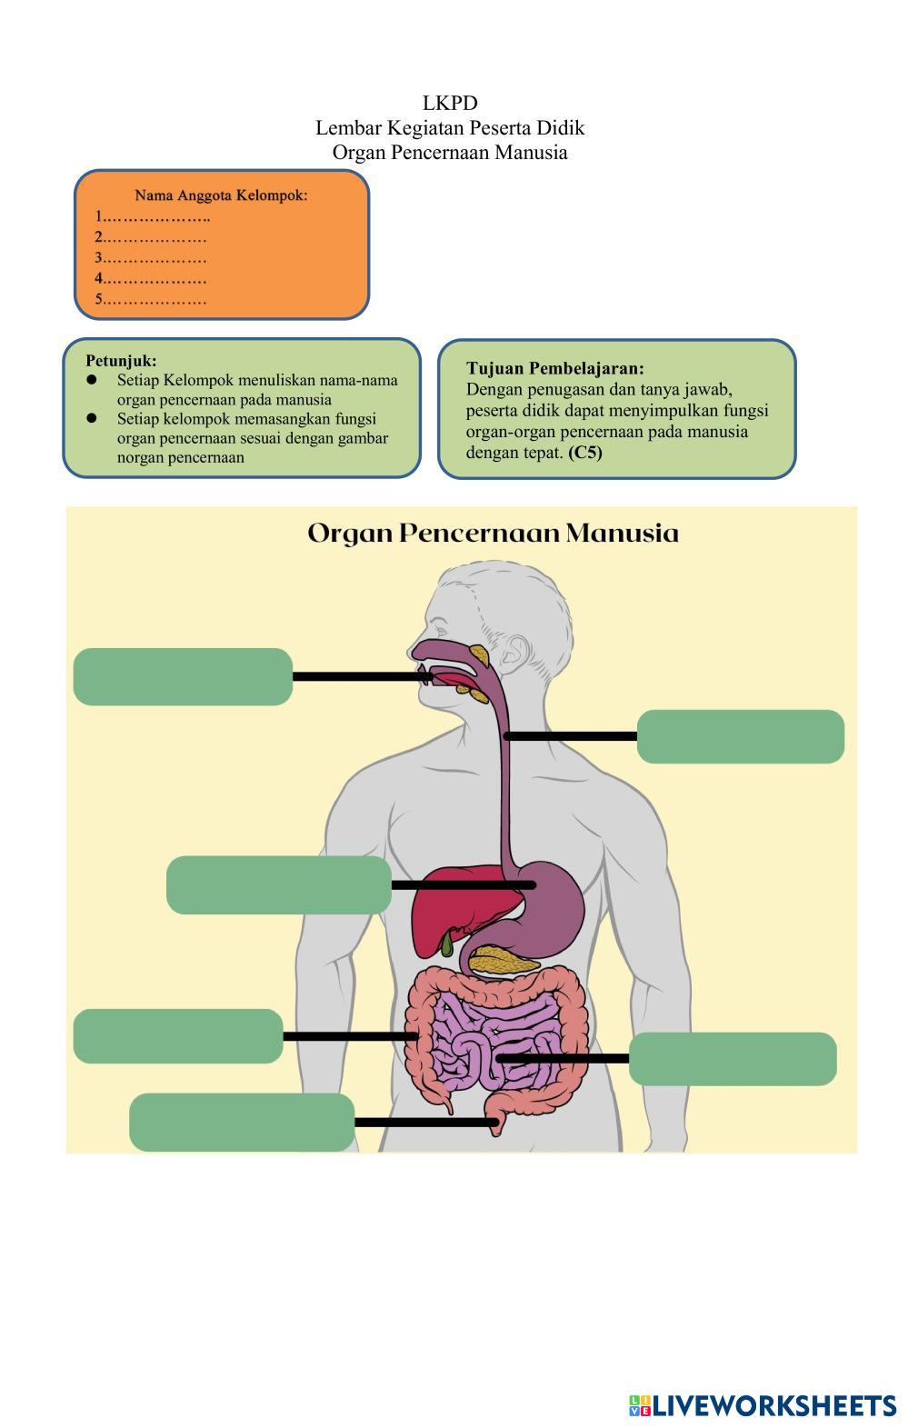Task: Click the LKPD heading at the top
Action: [x=450, y=103]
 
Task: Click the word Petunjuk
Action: [x=121, y=361]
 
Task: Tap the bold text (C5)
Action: [x=584, y=452]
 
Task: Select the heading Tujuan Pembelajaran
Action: [x=554, y=368]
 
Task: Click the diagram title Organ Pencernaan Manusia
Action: [x=493, y=533]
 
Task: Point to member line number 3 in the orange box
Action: [x=151, y=257]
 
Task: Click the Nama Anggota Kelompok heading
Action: [x=221, y=195]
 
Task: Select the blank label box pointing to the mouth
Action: [x=183, y=676]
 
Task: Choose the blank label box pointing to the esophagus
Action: [x=740, y=736]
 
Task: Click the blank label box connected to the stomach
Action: [x=279, y=884]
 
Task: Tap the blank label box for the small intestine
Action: [x=733, y=1059]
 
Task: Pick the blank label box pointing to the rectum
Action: [x=242, y=1122]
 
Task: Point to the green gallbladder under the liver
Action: [x=447, y=944]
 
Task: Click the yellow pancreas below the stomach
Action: [x=503, y=960]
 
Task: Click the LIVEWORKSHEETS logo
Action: [x=762, y=1405]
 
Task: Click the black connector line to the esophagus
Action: [x=571, y=736]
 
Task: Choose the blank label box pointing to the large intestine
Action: [x=178, y=1036]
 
